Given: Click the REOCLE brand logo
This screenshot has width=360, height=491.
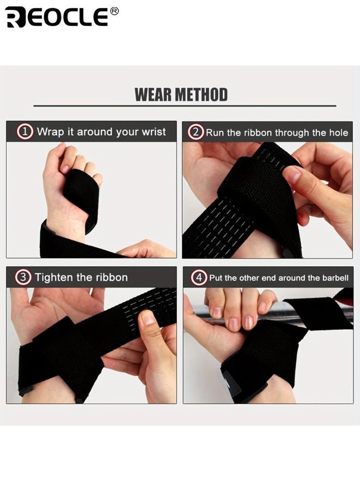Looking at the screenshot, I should [57, 17].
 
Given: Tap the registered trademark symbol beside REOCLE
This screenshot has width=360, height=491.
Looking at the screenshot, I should [114, 11].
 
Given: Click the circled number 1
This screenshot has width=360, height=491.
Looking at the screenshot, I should [25, 131].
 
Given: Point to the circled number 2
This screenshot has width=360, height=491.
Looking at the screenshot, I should [196, 132].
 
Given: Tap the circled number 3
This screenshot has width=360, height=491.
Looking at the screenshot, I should [23, 277].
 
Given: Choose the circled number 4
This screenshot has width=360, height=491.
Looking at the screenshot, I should [199, 278].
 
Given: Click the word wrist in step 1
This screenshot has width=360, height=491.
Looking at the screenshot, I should [153, 131].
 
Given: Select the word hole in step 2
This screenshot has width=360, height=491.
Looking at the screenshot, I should [338, 133].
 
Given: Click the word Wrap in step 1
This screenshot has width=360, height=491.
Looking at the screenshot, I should [50, 131].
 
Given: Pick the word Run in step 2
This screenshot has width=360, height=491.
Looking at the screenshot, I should [215, 133].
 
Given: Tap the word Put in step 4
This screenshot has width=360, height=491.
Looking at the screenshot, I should [216, 278].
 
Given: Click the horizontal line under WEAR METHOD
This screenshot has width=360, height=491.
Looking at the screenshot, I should [184, 106].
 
